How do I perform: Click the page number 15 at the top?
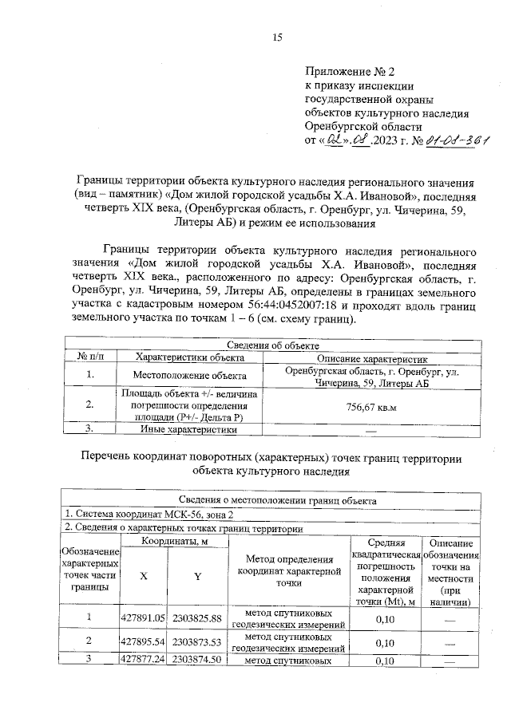[x=278, y=37]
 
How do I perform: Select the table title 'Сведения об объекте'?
[x=273, y=345]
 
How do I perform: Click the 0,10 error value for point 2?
[x=385, y=642]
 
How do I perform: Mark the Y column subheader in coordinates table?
[x=196, y=578]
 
